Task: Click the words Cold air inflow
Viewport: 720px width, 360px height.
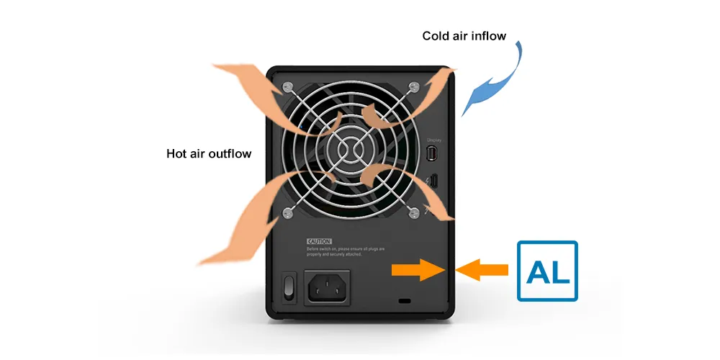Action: tap(464, 35)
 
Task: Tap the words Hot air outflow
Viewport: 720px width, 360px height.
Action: tap(209, 153)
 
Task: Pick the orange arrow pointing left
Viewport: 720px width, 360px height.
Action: tap(484, 270)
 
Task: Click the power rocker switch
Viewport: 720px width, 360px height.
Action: tap(289, 286)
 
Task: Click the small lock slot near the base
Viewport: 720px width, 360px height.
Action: tap(403, 300)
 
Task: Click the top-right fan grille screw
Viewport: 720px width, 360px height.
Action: tap(413, 87)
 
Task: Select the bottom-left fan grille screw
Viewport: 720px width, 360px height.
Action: tap(288, 212)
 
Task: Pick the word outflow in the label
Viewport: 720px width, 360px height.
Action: tap(230, 153)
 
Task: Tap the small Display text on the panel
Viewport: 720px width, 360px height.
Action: tap(433, 140)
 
